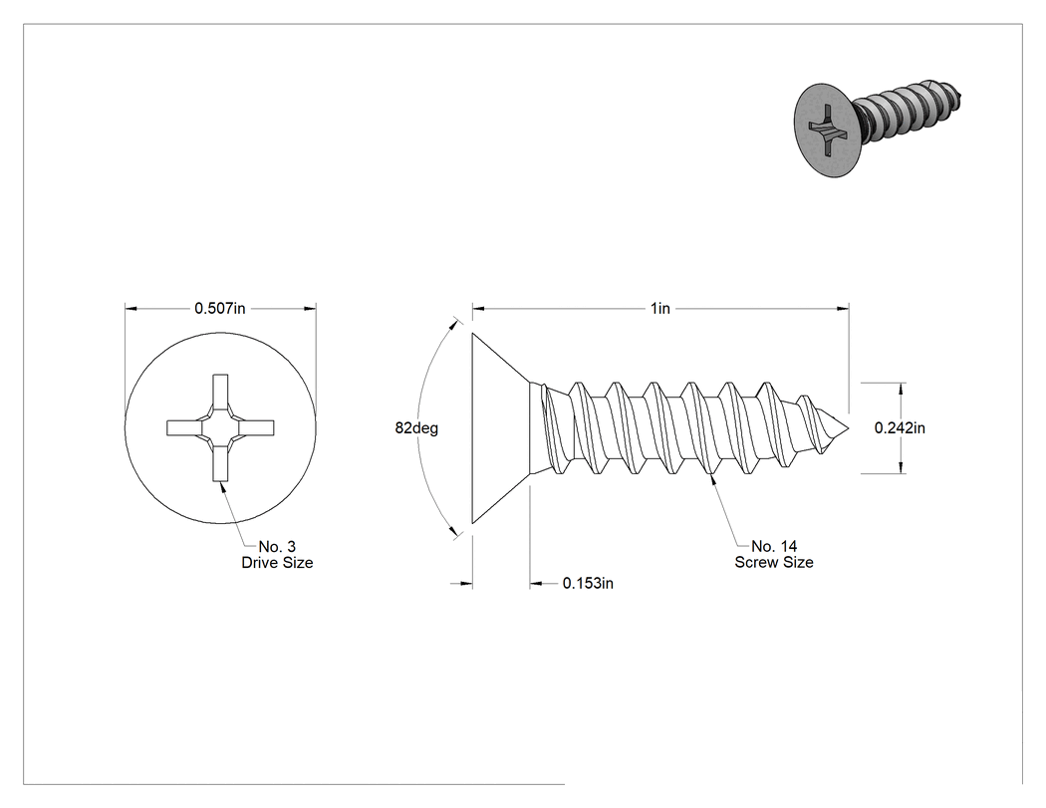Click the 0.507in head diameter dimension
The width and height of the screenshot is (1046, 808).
coord(220,308)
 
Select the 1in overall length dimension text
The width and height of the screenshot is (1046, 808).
coord(660,308)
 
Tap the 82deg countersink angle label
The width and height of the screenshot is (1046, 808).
coord(416,427)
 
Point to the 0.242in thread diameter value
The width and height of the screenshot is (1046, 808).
coord(900,427)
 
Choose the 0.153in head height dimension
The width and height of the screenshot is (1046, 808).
coord(588,583)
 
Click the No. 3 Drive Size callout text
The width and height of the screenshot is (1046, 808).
coord(277,555)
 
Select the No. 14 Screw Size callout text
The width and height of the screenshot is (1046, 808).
coord(774,555)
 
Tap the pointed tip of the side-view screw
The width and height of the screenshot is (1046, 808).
coord(849,428)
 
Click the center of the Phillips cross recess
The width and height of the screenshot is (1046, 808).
coord(220,427)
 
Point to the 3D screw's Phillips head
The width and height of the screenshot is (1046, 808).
coord(825,131)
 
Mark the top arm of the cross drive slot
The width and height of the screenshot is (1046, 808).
coord(220,393)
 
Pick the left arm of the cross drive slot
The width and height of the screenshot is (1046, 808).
coord(184,427)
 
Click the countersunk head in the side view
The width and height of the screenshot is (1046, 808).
coord(500,427)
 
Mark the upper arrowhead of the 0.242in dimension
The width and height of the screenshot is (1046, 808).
coord(901,389)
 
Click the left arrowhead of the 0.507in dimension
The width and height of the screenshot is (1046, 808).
coord(131,308)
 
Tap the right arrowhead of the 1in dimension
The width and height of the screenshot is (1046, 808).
coord(843,308)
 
